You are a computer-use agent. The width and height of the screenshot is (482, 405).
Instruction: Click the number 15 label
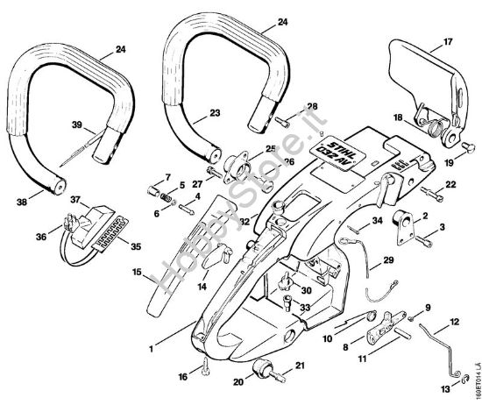(x=138, y=273)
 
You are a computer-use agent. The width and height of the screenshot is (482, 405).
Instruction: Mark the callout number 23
(x=213, y=112)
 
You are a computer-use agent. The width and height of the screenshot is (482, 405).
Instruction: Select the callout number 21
(x=299, y=366)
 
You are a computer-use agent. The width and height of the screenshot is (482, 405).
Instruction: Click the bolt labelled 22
(x=429, y=190)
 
